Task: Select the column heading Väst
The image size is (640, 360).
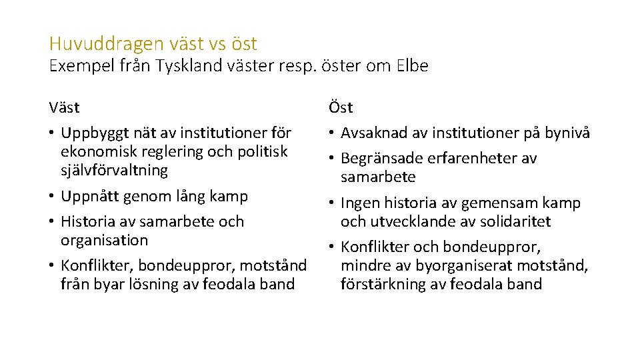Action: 64,107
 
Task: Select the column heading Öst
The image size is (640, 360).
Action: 341,107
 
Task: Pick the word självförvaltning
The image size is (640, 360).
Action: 114,170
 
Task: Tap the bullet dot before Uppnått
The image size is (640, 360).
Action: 52,197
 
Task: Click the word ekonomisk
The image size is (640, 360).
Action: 96,151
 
